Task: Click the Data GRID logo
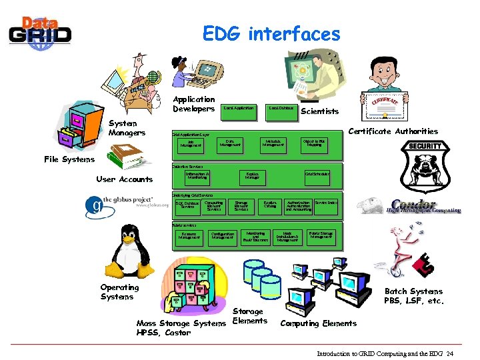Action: pos(39,31)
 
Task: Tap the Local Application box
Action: pos(238,108)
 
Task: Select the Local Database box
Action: pos(281,108)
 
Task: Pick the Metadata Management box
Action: pos(272,143)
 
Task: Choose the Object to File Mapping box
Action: pos(314,143)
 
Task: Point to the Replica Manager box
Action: pos(252,176)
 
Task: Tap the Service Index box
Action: pos(326,202)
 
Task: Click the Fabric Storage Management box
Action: pos(321,235)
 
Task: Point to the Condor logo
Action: pos(424,207)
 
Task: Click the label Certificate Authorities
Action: pos(393,131)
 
